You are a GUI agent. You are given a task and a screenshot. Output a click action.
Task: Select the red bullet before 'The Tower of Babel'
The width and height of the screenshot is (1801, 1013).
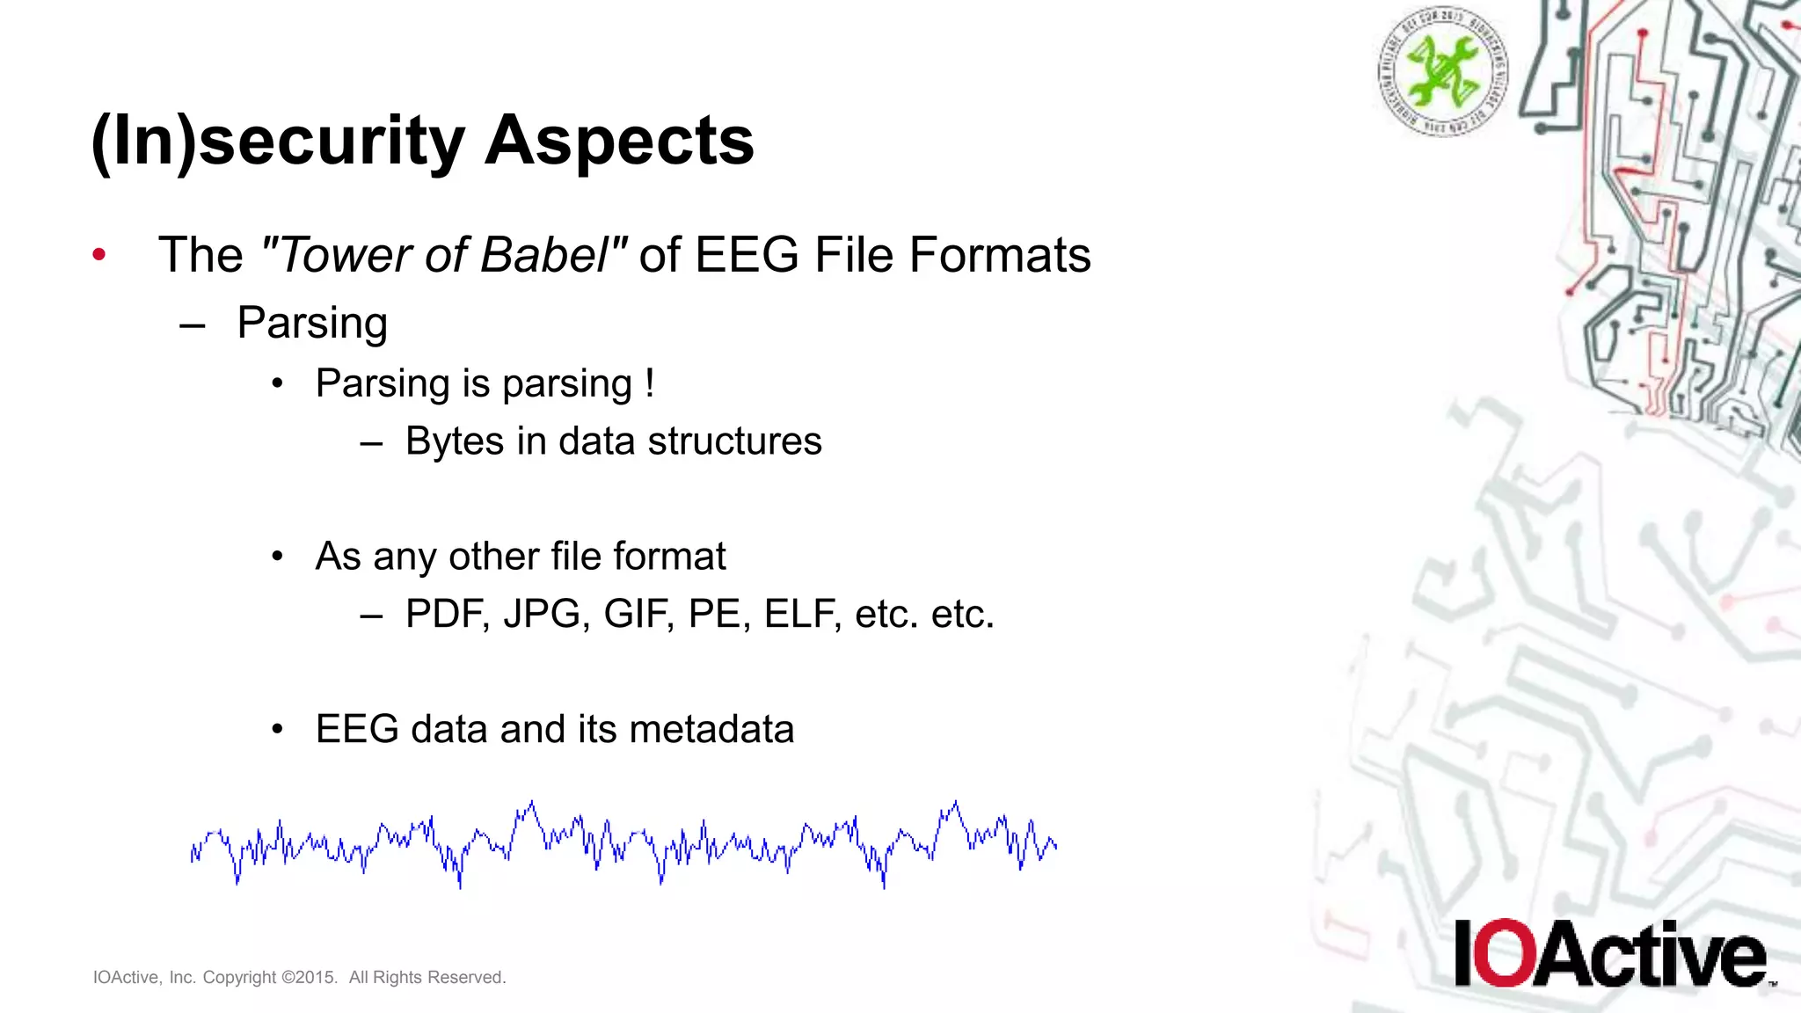(99, 255)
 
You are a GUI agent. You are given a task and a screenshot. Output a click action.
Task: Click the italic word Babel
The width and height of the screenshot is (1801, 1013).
(544, 255)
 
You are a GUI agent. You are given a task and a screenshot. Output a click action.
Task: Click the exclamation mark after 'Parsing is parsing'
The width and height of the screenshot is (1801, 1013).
(649, 383)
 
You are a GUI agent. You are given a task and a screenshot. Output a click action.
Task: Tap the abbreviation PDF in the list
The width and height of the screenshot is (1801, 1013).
(447, 614)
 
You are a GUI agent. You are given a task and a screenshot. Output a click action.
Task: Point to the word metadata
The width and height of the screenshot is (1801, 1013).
(711, 729)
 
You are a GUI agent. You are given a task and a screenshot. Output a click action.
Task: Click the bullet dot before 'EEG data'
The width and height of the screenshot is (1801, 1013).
(278, 730)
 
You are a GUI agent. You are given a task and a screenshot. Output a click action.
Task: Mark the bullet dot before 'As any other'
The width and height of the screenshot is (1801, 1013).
(278, 557)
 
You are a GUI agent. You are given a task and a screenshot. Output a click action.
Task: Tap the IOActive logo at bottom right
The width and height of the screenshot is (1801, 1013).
(1609, 954)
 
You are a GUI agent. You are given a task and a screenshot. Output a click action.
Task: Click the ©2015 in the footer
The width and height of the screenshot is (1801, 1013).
(309, 978)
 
